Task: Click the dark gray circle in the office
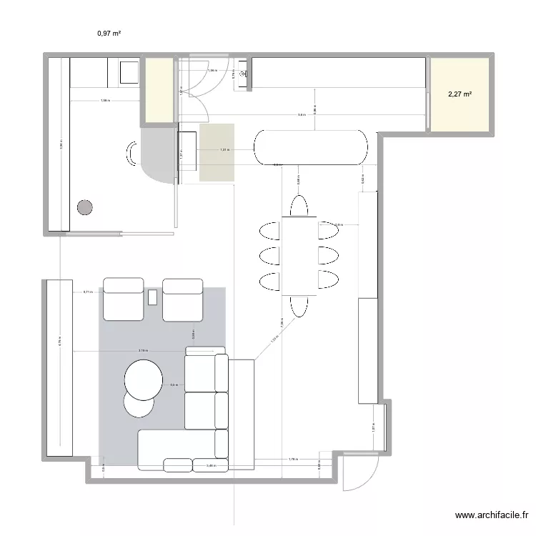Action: coord(85,208)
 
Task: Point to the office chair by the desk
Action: coord(133,154)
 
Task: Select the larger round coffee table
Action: coord(143,379)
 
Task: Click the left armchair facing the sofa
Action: coord(124,299)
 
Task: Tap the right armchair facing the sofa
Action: coord(184,299)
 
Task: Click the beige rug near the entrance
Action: coord(217,152)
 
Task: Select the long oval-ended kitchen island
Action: coord(311,148)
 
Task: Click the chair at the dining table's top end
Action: coord(299,205)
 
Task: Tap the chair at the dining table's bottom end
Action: coord(299,306)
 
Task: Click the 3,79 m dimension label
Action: coord(143,351)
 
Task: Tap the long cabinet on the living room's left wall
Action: coord(61,367)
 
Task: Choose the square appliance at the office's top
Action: coord(129,72)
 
